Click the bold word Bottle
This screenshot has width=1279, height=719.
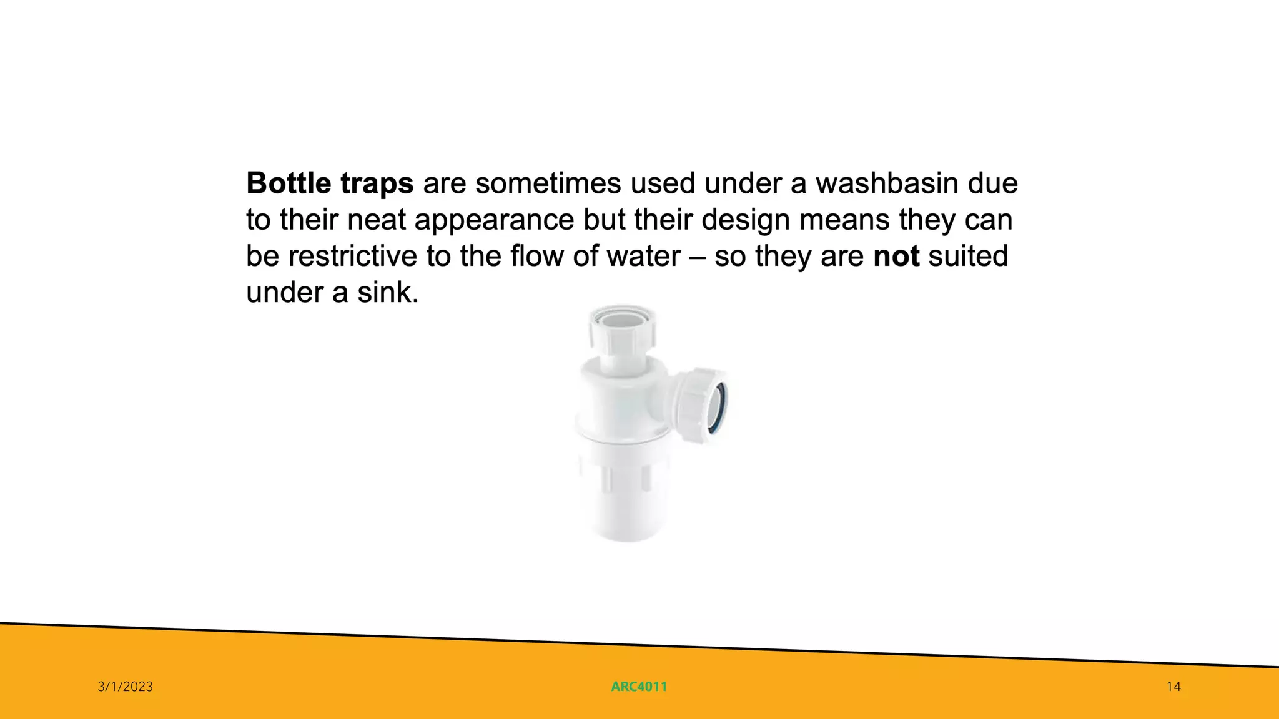pos(288,183)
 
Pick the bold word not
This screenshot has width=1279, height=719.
pos(896,257)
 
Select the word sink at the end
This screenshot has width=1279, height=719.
pos(387,292)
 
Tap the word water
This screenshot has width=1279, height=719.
pos(644,257)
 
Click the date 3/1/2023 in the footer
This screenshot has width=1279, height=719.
pos(126,687)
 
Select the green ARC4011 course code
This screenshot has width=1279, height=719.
pos(639,687)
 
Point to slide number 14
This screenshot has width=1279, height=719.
pos(1173,687)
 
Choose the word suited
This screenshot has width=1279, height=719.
pos(968,257)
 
